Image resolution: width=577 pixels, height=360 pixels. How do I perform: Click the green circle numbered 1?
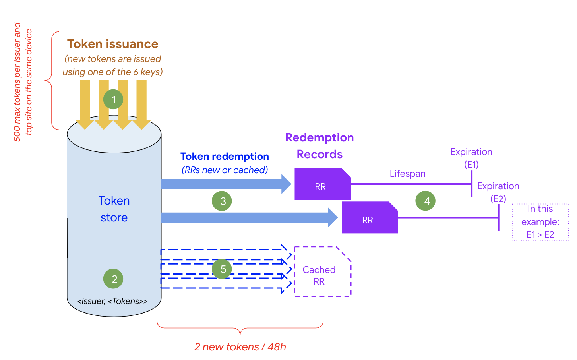click(x=114, y=99)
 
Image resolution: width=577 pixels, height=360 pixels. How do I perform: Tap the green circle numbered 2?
click(x=113, y=279)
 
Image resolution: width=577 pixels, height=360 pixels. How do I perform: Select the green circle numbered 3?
click(x=222, y=201)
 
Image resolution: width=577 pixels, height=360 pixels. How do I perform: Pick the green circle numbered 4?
click(x=426, y=201)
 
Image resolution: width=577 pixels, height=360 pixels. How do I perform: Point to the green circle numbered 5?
click(x=222, y=269)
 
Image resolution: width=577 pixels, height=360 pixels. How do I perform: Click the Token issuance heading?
click(x=112, y=44)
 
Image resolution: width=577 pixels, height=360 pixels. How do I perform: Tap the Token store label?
click(x=114, y=209)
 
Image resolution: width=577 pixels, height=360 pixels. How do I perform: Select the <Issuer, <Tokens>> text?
click(x=112, y=301)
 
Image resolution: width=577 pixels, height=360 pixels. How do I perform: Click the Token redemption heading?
click(x=225, y=156)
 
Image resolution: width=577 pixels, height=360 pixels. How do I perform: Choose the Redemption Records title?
click(x=319, y=146)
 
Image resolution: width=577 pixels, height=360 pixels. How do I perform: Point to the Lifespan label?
click(x=407, y=174)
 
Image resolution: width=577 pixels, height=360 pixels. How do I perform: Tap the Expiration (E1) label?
click(x=471, y=158)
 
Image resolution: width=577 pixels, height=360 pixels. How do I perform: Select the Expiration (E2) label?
click(x=498, y=192)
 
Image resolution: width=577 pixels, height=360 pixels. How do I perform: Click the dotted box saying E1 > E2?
click(x=540, y=222)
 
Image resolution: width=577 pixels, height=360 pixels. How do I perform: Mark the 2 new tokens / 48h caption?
click(x=240, y=347)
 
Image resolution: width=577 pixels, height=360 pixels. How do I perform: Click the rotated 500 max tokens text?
click(x=23, y=82)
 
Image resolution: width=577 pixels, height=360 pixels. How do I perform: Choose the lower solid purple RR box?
click(x=369, y=218)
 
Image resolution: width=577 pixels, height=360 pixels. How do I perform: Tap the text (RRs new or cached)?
click(x=225, y=170)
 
